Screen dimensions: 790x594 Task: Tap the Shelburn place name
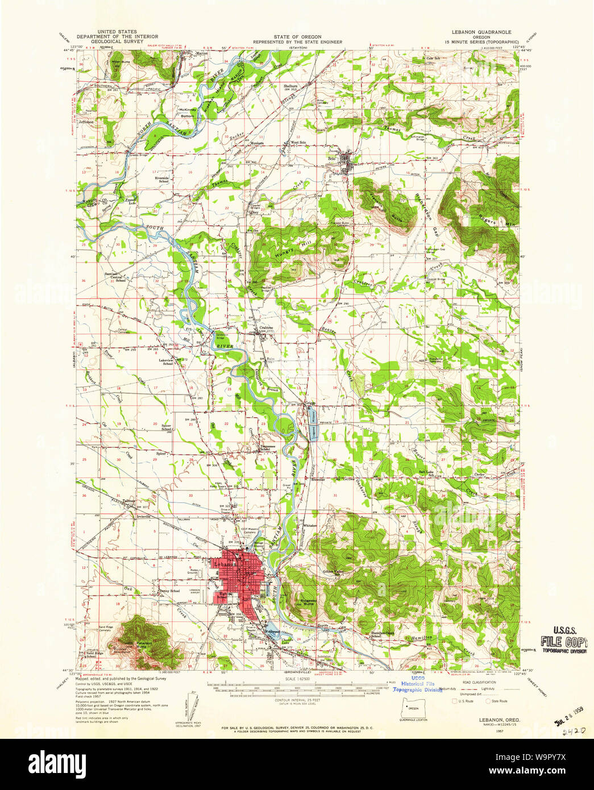[291, 86]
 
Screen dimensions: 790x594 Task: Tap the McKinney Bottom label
[187, 112]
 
